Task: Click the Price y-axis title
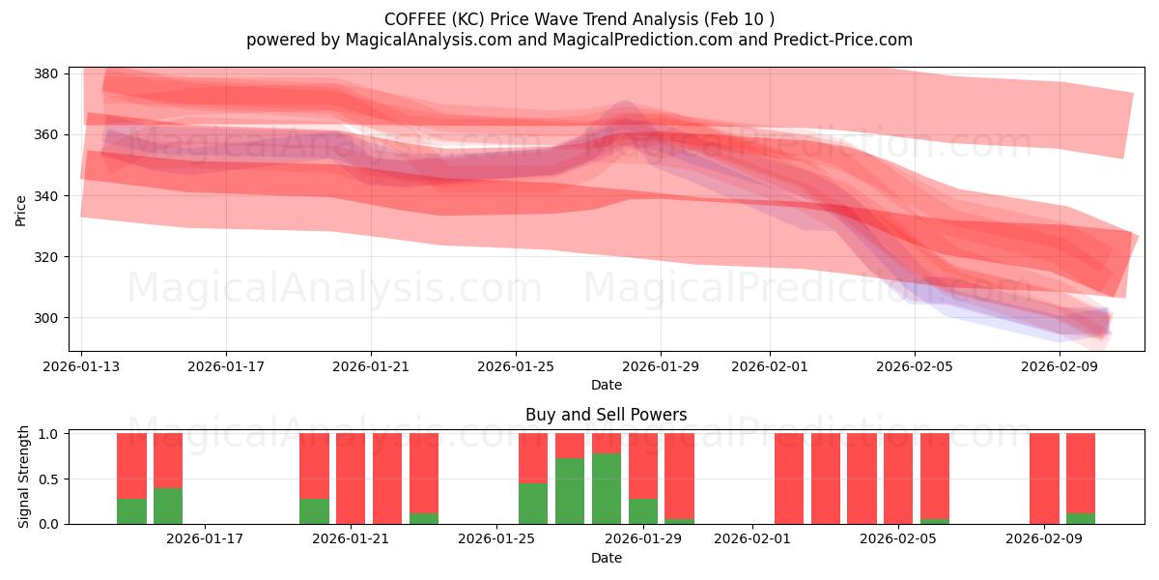(x=21, y=209)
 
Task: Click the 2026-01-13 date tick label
(x=81, y=366)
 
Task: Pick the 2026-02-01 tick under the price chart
(x=770, y=366)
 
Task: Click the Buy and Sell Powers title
(x=606, y=415)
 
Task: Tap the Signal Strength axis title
(x=24, y=478)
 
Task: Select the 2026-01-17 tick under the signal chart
(x=205, y=539)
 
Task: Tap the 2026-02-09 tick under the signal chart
(x=1044, y=539)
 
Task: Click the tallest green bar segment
(x=607, y=488)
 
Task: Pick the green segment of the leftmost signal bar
(x=131, y=511)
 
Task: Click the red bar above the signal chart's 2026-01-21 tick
(x=351, y=478)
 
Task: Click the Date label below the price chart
(x=606, y=385)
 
